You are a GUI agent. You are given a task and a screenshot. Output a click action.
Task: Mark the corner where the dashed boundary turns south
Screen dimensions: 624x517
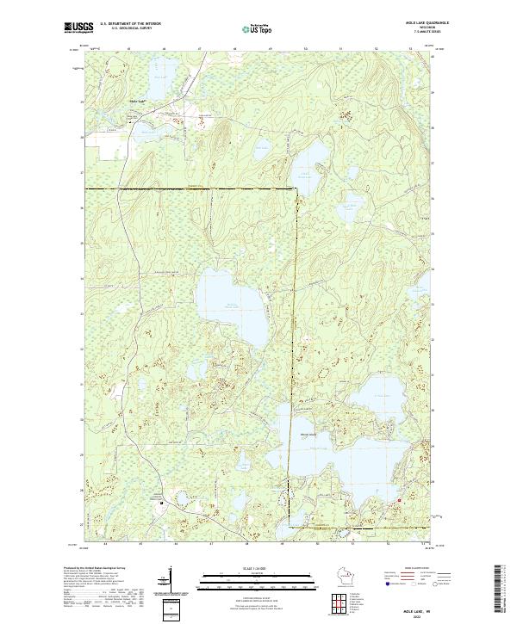297,188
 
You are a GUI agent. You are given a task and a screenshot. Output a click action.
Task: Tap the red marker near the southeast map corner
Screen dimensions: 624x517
400,497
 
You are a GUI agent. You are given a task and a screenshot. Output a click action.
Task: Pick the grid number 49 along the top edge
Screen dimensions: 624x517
270,50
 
